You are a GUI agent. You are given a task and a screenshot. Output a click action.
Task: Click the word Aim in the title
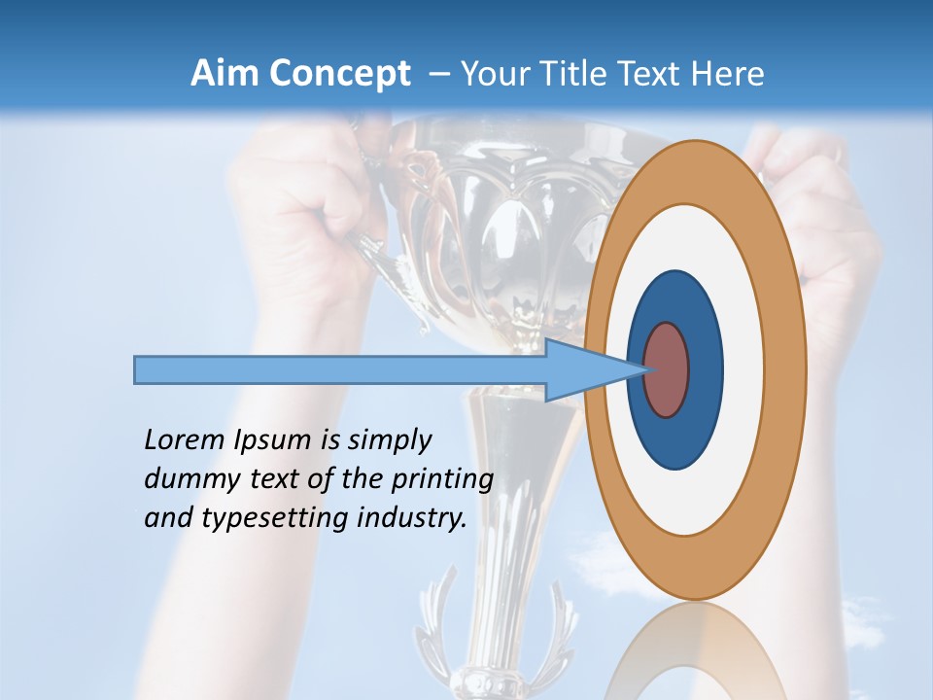point(225,74)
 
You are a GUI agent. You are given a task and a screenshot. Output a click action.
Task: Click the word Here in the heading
point(728,74)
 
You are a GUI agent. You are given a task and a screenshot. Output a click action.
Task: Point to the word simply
point(388,440)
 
